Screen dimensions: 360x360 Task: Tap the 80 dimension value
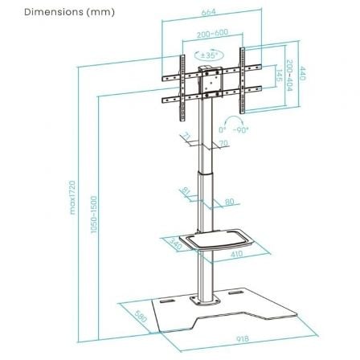(x=229, y=202)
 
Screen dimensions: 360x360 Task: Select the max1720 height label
(x=72, y=198)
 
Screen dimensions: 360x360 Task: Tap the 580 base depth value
(x=141, y=313)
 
